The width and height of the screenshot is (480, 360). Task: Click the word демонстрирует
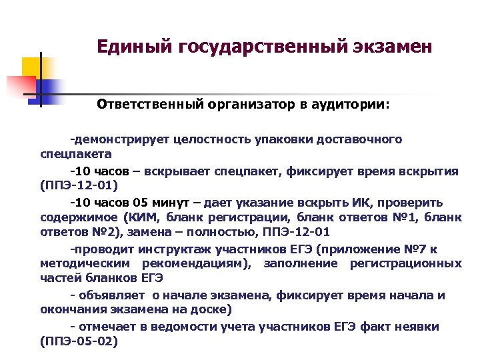pyautogui.click(x=120, y=140)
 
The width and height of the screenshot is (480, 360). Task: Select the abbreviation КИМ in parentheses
pyautogui.click(x=140, y=217)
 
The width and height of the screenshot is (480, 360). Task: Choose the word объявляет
pyautogui.click(x=114, y=295)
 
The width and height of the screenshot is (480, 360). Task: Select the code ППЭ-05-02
pyautogui.click(x=79, y=341)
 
